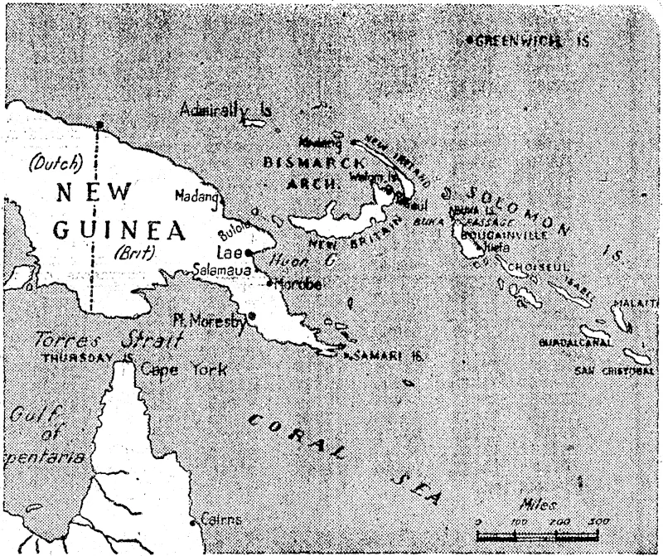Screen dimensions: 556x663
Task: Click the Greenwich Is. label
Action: [531, 41]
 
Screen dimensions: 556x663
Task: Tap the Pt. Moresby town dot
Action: [251, 316]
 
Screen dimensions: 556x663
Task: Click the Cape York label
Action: [182, 369]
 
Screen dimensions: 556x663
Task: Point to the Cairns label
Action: [220, 520]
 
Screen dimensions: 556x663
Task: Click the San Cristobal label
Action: [613, 370]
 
